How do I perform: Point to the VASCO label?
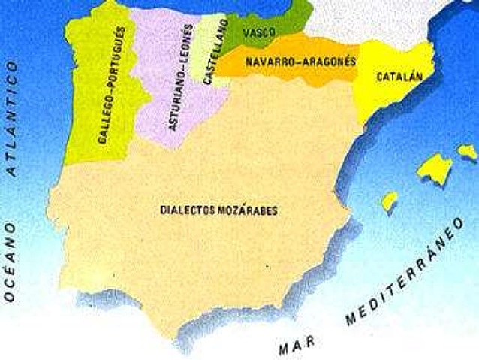259,32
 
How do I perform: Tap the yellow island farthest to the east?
467,152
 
